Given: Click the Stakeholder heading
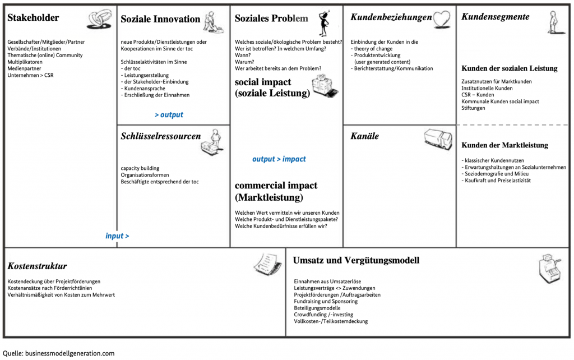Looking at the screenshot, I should (x=33, y=18).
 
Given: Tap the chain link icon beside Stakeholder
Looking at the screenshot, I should (x=100, y=20).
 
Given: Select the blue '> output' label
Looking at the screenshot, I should (x=169, y=115).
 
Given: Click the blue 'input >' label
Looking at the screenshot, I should (x=117, y=236).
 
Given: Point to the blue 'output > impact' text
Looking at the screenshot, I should (x=279, y=159).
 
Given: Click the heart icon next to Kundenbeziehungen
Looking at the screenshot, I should (x=443, y=19).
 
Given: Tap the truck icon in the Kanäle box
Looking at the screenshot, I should (x=438, y=139).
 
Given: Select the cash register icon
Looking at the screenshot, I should (x=550, y=269).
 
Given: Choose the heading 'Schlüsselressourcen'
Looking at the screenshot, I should (x=160, y=136).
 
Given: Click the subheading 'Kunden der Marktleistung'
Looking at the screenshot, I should (x=504, y=145).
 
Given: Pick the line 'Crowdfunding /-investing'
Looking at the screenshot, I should (x=323, y=315).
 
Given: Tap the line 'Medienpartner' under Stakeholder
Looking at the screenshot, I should (x=25, y=68).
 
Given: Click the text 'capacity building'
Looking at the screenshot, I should (x=140, y=168).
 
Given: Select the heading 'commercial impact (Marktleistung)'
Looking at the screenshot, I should (x=276, y=191).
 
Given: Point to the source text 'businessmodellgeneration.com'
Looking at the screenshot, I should (x=70, y=353).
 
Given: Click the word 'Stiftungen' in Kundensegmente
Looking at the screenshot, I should (x=473, y=108).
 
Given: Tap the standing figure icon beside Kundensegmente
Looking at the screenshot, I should (x=553, y=21).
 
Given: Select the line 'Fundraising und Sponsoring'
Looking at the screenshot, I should (x=325, y=302).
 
